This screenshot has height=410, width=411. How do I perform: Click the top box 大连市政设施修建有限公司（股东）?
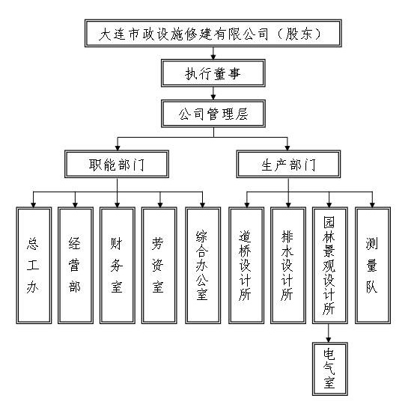[213, 33]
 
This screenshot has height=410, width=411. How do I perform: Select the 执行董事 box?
[213, 73]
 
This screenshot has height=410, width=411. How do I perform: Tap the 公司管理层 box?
[213, 114]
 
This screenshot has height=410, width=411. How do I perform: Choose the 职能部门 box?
[117, 165]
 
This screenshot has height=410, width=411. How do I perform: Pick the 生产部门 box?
[288, 165]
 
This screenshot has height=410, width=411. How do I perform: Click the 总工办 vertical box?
[34, 266]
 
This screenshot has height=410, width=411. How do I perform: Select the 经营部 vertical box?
[76, 266]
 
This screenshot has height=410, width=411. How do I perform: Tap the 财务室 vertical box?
[118, 266]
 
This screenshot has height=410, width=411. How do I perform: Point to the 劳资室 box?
[159, 266]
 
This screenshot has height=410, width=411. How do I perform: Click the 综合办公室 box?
[203, 266]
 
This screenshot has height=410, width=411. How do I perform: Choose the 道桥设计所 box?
[246, 266]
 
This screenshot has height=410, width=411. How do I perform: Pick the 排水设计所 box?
[288, 266]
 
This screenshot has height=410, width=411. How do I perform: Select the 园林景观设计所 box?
[329, 266]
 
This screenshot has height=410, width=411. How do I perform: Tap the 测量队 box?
[373, 266]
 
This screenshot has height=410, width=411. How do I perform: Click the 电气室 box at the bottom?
[329, 369]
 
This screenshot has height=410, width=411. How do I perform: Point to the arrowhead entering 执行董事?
[213, 57]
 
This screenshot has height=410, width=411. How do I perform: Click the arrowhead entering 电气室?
[328, 340]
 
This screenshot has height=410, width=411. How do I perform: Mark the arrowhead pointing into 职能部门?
[118, 147]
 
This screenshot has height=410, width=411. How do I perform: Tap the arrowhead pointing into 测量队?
[372, 204]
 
